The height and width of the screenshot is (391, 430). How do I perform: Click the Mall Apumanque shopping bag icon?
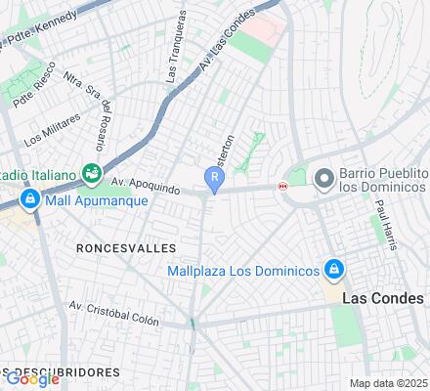(x=30, y=200)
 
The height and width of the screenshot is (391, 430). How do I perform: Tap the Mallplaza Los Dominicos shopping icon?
(x=334, y=268)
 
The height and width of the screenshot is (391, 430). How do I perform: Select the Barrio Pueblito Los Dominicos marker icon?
(x=324, y=179)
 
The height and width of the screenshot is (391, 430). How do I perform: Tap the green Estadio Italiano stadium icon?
(x=92, y=173)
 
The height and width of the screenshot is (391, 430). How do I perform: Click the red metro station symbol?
(x=282, y=186)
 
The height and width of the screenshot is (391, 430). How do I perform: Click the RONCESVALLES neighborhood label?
(x=126, y=249)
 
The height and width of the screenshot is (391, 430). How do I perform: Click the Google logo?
(x=31, y=379)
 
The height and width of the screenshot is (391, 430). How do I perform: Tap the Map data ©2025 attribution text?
(x=389, y=383)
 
